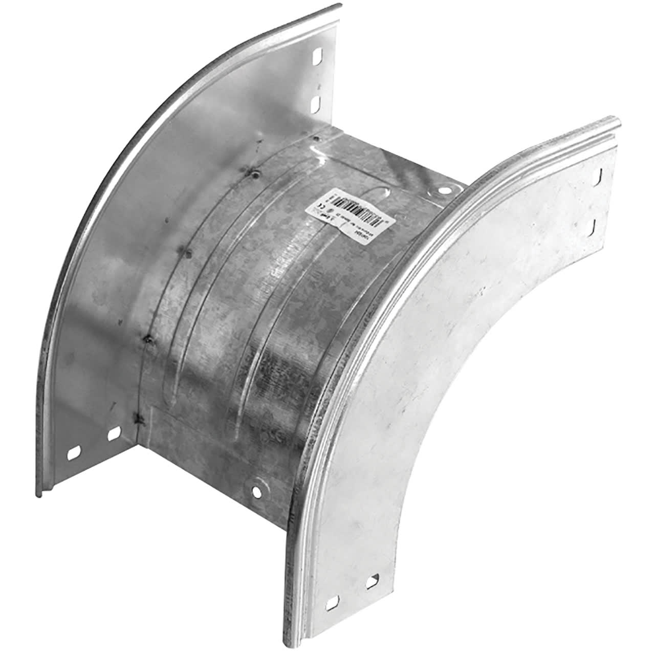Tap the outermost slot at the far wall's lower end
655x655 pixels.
click(x=74, y=454)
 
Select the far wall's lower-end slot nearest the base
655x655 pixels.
click(x=113, y=434)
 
